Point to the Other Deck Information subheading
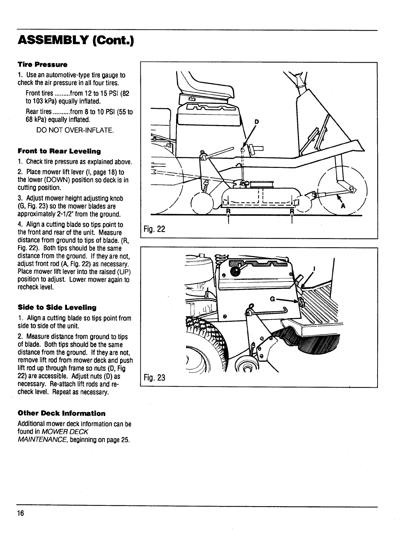61,413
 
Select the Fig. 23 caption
154,378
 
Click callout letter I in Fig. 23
314,269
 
